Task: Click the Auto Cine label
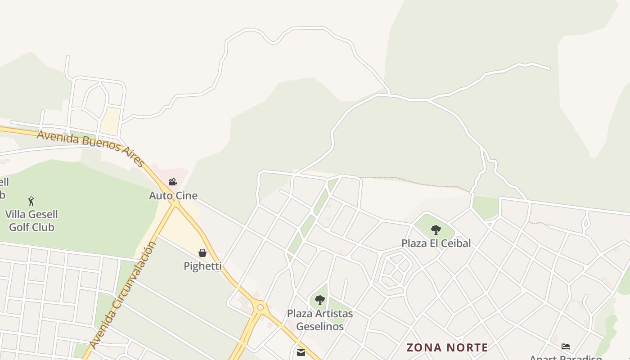tap(173, 196)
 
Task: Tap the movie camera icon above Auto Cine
tap(173, 182)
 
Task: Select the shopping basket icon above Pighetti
tap(202, 253)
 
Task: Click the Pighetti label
tap(202, 266)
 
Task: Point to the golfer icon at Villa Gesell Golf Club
tap(31, 201)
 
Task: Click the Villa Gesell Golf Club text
tap(31, 220)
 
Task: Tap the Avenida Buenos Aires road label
tap(90, 145)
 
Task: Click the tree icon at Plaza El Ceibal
tap(436, 230)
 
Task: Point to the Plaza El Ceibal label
tap(436, 243)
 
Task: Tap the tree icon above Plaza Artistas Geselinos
tap(320, 300)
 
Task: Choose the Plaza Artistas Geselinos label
tap(320, 319)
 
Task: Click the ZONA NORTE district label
tap(447, 347)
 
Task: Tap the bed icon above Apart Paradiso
tap(566, 346)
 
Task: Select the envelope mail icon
tap(301, 352)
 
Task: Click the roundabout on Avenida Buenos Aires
tap(260, 308)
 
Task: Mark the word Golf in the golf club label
tap(19, 227)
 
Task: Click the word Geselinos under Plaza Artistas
tap(320, 326)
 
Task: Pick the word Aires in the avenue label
tap(133, 156)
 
